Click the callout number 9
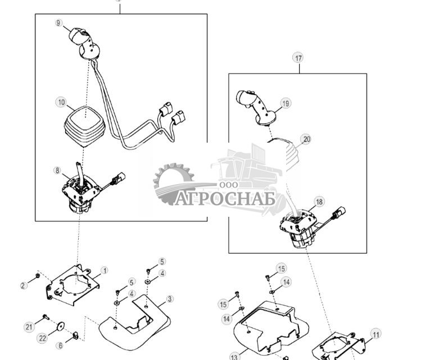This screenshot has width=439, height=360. coord(59,23)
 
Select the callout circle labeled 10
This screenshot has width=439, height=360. coord(61,103)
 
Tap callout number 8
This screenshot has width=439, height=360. coord(58,170)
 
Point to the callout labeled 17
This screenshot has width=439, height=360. coord(298,58)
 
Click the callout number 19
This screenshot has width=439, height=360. coord(286,103)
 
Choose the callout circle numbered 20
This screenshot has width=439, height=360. coord(306,139)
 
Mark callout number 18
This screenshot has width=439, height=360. coord(319,202)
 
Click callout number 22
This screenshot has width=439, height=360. coord(43,338)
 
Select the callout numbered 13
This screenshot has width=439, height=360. coord(234,356)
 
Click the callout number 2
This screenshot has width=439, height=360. coord(24,285)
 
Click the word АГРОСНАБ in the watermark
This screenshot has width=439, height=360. coord(225,199)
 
